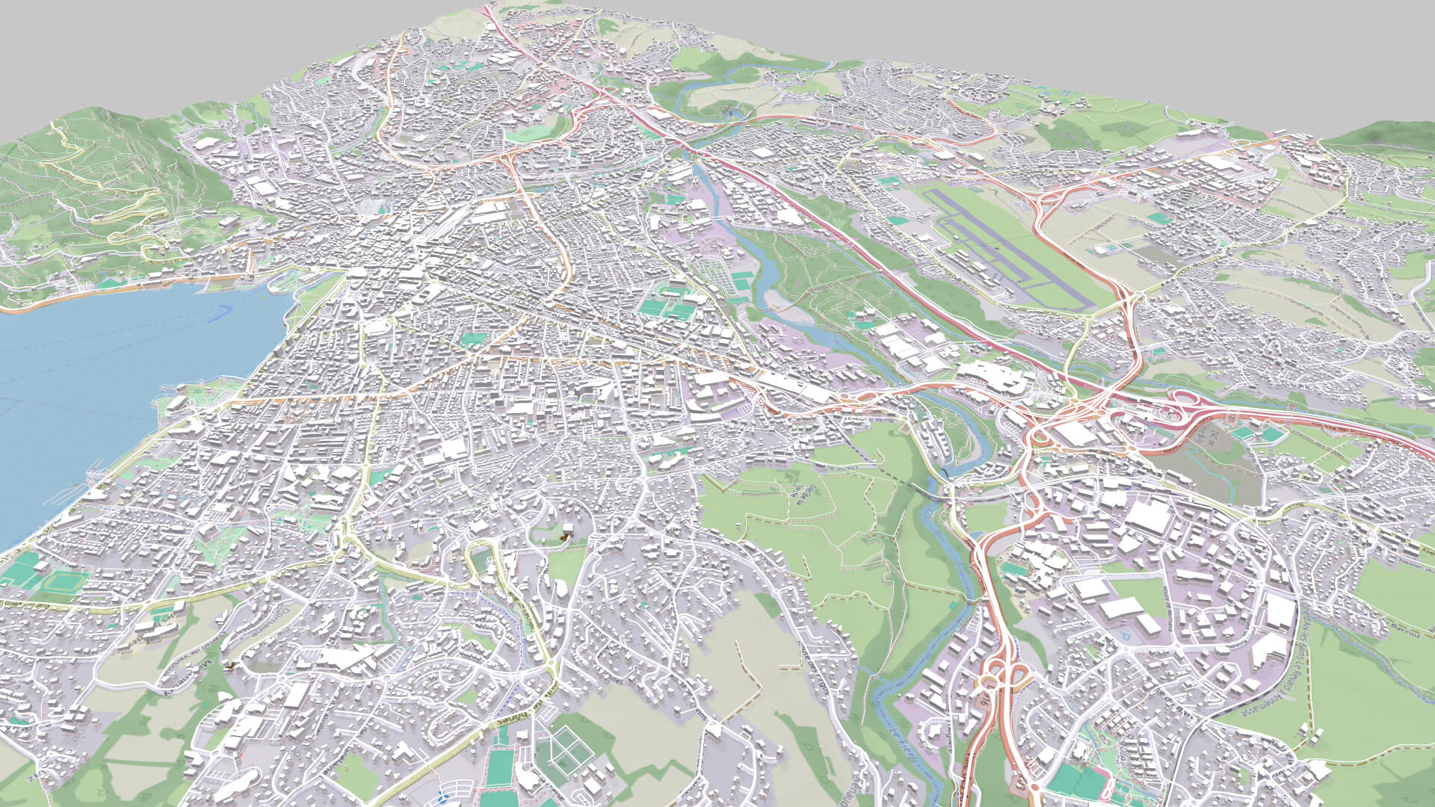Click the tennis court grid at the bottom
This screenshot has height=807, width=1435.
point(568,747)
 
